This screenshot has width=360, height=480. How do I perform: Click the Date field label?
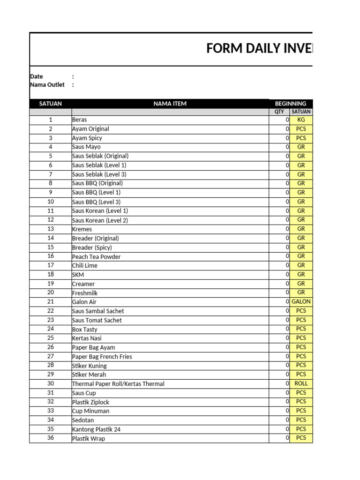tap(37, 76)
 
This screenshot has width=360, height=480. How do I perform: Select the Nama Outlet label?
tap(47, 85)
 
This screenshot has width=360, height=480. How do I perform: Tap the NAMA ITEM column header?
tap(170, 104)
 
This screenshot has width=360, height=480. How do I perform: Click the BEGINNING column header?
tap(291, 104)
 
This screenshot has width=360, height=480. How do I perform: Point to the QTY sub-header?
tap(279, 112)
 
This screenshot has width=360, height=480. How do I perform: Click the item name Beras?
tap(80, 120)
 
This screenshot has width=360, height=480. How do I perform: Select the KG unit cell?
tap(301, 120)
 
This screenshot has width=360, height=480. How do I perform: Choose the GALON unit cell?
tap(301, 302)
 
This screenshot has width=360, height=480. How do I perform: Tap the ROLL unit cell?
tap(301, 383)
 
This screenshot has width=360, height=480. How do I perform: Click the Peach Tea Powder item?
tap(97, 256)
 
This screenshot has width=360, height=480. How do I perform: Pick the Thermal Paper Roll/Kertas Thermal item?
tap(118, 384)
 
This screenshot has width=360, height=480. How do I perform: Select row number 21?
tap(51, 302)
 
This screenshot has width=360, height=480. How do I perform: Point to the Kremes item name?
tap(82, 229)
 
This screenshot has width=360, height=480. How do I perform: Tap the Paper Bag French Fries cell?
tap(102, 357)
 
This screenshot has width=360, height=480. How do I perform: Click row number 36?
tap(51, 438)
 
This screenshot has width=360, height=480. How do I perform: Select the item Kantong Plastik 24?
tap(97, 429)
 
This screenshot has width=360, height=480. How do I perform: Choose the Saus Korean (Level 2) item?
tap(100, 220)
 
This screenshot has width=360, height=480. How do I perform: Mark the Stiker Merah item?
tap(89, 375)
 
